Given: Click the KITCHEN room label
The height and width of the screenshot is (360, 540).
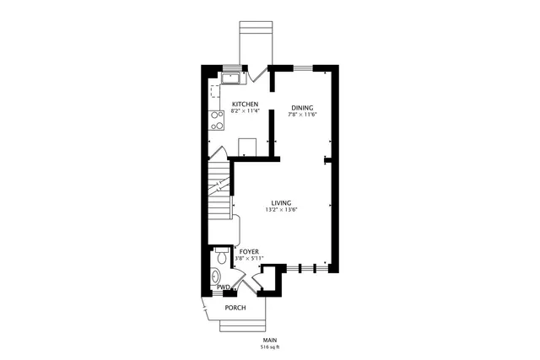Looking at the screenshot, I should click(x=245, y=104).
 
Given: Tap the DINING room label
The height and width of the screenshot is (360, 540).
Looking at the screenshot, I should click(x=302, y=107).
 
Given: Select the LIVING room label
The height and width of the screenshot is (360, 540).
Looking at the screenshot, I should click(x=281, y=202).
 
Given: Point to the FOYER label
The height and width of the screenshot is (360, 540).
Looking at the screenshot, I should click(x=249, y=251).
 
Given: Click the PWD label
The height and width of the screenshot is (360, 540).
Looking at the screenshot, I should click(x=223, y=287).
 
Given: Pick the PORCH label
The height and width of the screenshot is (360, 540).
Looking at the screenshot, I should click(x=235, y=308).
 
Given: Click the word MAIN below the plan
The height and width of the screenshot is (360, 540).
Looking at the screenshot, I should click(x=269, y=340).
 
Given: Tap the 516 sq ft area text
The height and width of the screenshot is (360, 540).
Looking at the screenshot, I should click(x=269, y=347).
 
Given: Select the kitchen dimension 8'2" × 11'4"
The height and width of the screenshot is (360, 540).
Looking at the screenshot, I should click(x=245, y=110).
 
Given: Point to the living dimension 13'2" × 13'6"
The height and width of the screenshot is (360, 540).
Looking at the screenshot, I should click(x=281, y=209).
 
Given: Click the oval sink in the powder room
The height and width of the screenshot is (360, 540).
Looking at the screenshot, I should click(x=215, y=276).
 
